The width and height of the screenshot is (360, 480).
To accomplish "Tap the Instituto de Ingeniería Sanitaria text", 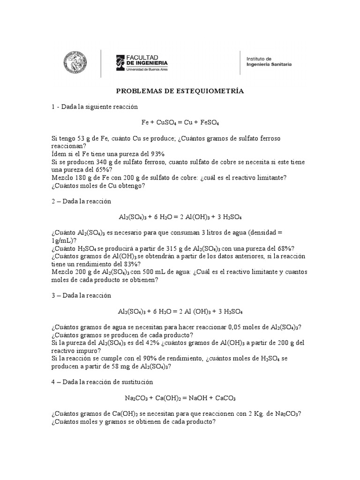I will pos(269,61).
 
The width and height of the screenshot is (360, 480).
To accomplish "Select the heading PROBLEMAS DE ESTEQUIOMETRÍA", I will pos(180,91).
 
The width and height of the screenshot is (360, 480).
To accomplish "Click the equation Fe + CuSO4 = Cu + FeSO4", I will pos(180,122).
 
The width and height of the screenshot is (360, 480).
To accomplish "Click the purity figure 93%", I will pos(156,154).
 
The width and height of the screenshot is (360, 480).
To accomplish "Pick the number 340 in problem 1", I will pos(103,162).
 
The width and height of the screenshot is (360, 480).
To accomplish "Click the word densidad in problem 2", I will pos(276,232).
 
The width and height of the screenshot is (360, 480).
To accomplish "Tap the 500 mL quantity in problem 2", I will pos(156,272).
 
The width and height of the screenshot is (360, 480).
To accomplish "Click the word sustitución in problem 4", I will pos(136,382).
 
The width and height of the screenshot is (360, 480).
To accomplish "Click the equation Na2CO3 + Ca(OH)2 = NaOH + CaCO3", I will pos(180,398).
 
